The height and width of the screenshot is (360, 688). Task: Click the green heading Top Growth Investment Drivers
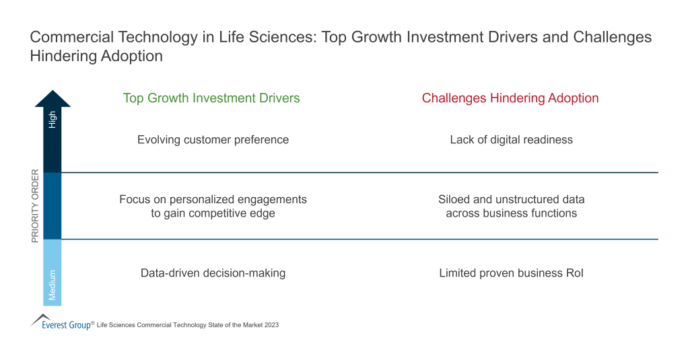click(211, 98)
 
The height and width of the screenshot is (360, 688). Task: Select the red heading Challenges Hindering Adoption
click(510, 98)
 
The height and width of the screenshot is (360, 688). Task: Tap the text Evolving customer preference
click(213, 140)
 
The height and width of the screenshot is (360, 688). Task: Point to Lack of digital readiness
click(511, 140)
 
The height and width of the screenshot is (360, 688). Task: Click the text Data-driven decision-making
click(213, 273)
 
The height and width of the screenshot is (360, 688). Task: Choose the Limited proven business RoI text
click(511, 273)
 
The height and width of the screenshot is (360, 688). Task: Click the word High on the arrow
click(53, 120)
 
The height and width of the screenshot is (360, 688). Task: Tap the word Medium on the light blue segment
click(53, 285)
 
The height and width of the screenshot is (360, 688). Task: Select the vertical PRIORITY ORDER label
click(36, 205)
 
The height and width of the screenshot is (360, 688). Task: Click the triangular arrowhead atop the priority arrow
click(53, 99)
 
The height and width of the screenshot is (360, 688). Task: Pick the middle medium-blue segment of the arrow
click(53, 206)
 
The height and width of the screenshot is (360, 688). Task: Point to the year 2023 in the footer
click(271, 325)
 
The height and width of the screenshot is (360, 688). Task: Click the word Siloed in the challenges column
click(454, 200)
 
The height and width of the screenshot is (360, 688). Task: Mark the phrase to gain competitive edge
click(213, 213)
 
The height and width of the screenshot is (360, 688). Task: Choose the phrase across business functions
click(511, 213)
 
